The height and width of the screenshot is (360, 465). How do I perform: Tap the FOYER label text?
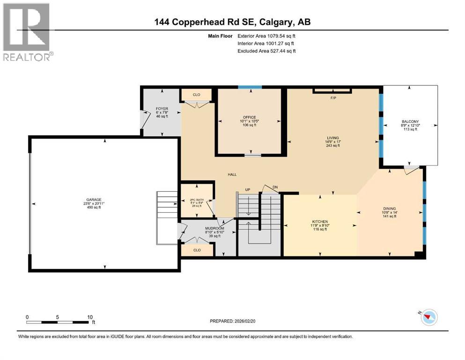pos(162,109)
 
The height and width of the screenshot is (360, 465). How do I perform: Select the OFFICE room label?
pos(249,117)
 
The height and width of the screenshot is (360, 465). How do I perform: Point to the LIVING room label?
pos(332,138)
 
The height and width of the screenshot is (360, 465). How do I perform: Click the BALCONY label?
pos(410,120)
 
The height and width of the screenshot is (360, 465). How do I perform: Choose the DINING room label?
pos(389,209)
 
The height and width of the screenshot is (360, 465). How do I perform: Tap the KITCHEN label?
pos(320,222)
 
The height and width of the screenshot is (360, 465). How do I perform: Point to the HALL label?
pos(232,174)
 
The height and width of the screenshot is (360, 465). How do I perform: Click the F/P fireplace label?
pos(333,98)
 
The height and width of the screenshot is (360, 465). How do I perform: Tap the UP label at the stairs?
pos(248,189)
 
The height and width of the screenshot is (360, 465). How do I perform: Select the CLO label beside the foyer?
pos(197,95)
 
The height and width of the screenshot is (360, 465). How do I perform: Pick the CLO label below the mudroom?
pos(197,250)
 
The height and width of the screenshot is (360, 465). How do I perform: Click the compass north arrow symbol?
pos(427,317)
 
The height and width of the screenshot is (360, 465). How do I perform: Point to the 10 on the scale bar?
pos(90,317)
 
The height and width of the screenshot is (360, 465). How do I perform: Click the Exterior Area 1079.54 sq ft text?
pos(267,36)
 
